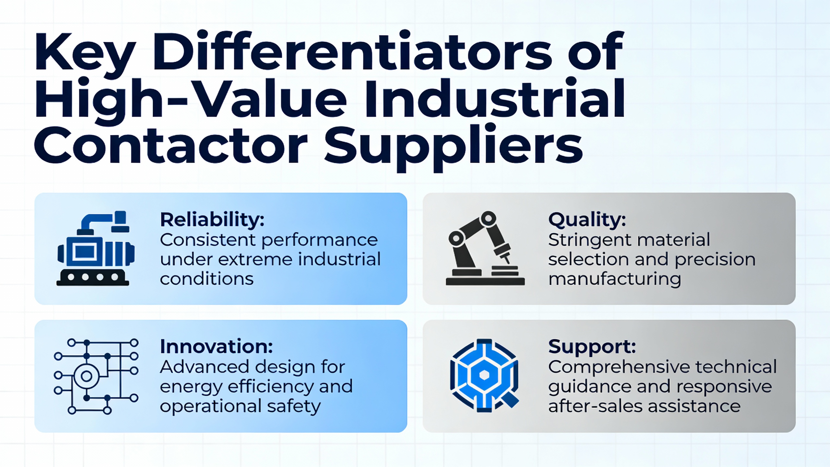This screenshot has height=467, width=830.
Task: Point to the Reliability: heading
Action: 212,220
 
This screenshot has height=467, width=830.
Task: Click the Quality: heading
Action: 587,220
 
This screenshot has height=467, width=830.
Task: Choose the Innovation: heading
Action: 216,346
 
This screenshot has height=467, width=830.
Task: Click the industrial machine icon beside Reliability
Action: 96,248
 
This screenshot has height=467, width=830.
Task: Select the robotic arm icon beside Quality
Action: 485,248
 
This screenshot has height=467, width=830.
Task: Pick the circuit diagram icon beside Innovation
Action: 96,376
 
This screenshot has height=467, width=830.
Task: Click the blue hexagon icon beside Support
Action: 484,376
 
